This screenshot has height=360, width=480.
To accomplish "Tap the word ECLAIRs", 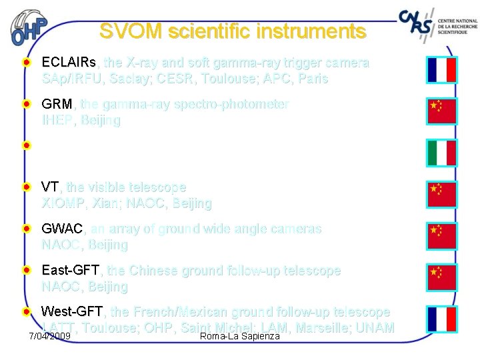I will click(69, 63).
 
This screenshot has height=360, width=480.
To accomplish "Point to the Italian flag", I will click(441, 153).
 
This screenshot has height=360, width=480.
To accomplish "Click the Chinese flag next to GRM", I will click(441, 111).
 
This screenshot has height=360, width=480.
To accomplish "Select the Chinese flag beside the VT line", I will click(441, 194).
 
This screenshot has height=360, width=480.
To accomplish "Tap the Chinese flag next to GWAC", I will click(441, 235).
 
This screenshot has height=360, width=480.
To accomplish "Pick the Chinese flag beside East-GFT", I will click(441, 277).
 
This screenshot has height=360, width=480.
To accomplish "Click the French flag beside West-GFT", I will click(441, 319).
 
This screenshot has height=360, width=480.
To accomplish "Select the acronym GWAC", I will click(63, 229).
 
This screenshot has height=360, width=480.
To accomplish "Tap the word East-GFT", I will click(71, 271).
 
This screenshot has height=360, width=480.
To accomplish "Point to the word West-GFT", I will click(72, 312).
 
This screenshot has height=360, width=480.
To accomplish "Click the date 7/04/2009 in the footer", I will click(50, 335).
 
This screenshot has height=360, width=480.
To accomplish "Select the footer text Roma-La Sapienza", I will click(240, 335).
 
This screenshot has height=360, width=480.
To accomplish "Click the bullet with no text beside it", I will click(25, 145).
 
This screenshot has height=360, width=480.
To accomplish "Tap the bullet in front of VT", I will click(25, 187).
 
